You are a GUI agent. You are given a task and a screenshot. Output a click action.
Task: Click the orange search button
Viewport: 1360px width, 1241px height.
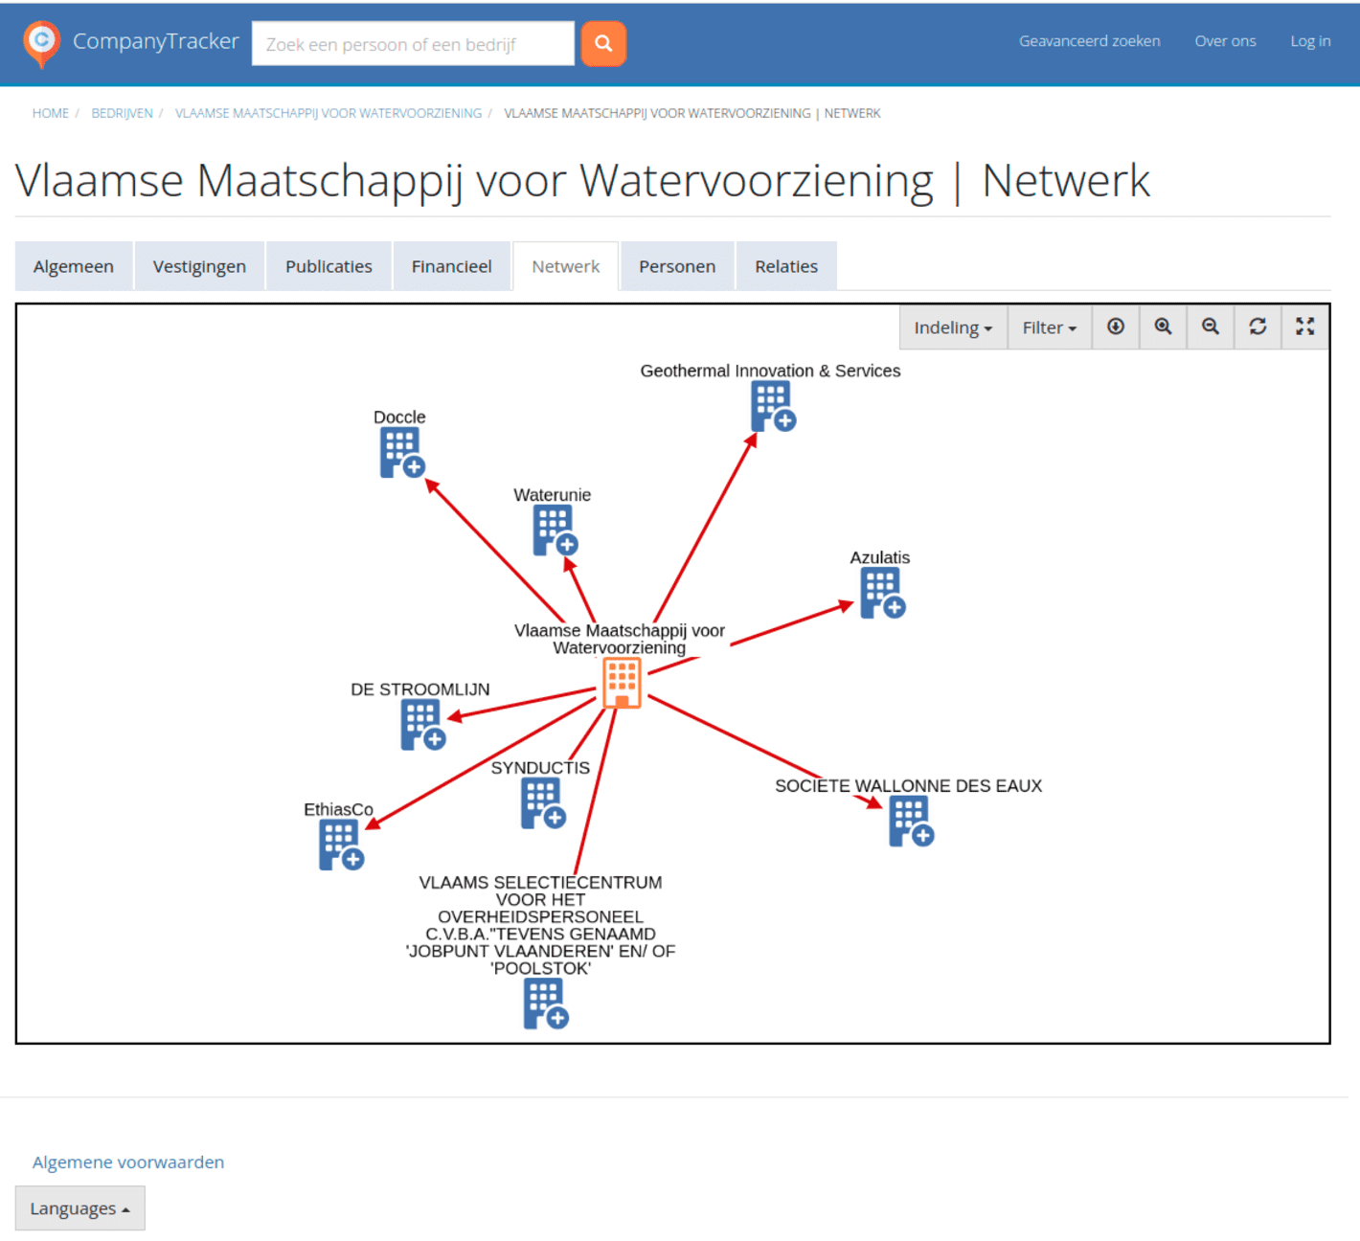click(x=603, y=43)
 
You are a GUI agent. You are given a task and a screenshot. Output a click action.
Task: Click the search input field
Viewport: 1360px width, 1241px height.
click(x=412, y=44)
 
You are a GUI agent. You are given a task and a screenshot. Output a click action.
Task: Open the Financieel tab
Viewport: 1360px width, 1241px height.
click(x=451, y=266)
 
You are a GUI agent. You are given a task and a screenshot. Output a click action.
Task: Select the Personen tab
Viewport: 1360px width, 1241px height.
click(x=676, y=266)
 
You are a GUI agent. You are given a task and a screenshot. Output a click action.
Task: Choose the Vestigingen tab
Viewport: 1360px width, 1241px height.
click(x=199, y=266)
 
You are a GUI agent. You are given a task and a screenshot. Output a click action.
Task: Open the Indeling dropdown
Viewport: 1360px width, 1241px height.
click(x=953, y=327)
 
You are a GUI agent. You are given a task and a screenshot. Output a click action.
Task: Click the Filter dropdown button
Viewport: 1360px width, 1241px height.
click(x=1049, y=327)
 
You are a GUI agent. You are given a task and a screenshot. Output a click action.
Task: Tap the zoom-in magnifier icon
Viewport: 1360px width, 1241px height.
click(x=1163, y=327)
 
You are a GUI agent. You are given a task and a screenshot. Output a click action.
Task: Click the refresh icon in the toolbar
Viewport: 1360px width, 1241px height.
click(x=1258, y=327)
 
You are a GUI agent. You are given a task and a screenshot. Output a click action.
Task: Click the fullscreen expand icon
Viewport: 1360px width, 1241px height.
click(x=1304, y=327)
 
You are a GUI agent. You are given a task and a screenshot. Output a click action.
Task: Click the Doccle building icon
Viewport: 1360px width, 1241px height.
click(x=401, y=452)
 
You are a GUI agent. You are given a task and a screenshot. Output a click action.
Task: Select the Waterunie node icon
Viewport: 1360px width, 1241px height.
click(x=555, y=530)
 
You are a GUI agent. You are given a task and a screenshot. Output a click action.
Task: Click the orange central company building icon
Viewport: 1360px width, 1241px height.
click(x=622, y=682)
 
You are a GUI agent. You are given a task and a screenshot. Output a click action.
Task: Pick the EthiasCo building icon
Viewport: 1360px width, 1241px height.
click(x=340, y=845)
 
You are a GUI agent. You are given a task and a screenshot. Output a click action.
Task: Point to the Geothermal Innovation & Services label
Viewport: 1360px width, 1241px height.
click(x=770, y=371)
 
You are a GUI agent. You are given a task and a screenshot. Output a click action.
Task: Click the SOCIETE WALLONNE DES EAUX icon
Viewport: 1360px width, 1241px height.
click(x=910, y=821)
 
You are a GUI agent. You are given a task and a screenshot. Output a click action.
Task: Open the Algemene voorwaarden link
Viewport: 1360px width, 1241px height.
click(x=128, y=1162)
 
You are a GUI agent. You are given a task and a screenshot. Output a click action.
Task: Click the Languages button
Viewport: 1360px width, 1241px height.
click(x=79, y=1208)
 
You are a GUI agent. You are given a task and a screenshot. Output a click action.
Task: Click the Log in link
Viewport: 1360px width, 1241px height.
click(x=1309, y=41)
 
